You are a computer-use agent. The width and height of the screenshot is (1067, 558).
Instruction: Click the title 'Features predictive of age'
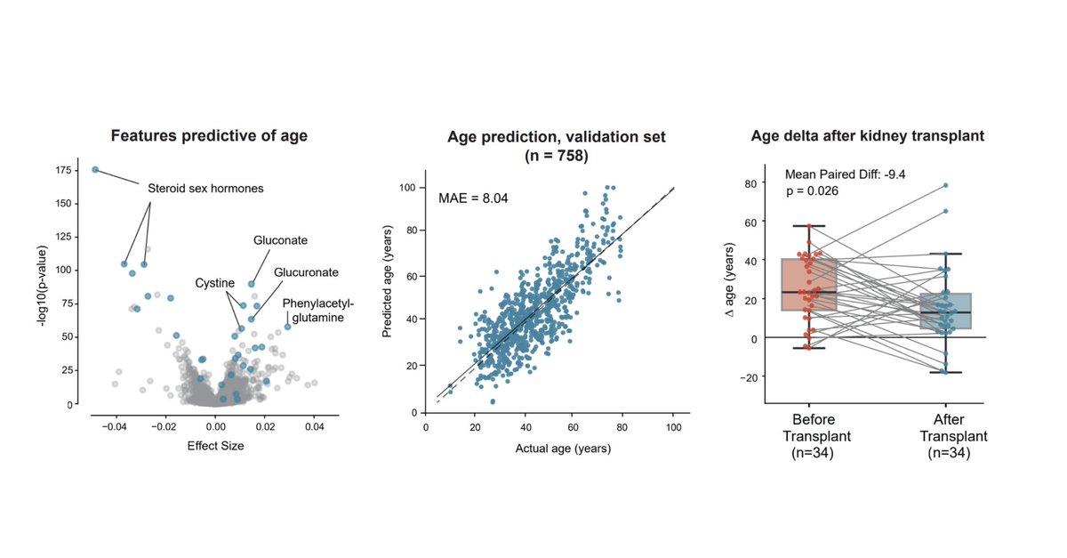(x=209, y=136)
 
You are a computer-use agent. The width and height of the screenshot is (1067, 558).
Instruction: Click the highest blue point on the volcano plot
(x=95, y=170)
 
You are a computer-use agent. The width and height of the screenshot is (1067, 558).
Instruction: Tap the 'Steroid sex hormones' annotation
(x=205, y=189)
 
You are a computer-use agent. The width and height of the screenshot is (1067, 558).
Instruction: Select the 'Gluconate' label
(x=280, y=240)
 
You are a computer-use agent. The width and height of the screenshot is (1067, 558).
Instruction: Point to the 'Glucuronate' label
(x=305, y=271)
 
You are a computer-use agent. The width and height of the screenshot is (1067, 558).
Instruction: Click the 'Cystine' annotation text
(x=214, y=283)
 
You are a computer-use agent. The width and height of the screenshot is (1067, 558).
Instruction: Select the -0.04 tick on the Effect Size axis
(x=115, y=428)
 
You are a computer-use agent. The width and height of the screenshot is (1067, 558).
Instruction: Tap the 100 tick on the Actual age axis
(x=673, y=428)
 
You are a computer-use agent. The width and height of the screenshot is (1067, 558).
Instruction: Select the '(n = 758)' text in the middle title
(x=557, y=155)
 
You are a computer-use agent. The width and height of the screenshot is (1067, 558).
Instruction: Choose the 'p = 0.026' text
(x=813, y=191)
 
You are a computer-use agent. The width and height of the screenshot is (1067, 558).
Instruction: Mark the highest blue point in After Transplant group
(x=945, y=185)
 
